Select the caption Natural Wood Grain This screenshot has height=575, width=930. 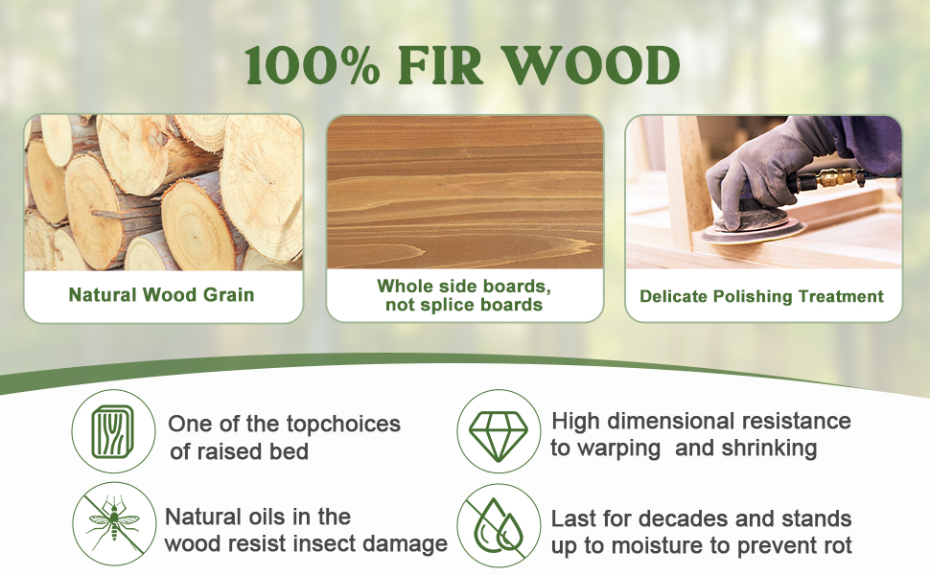point(161,294)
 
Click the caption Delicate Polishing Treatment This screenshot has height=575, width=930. point(762,296)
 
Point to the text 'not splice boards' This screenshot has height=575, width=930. point(464,305)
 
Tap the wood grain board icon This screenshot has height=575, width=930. point(113,431)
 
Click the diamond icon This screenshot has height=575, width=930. point(497,431)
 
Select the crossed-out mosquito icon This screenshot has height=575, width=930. point(113,523)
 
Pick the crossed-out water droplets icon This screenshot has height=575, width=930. point(497,523)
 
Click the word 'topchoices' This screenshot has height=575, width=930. point(343,424)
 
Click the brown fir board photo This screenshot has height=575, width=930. point(465,192)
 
